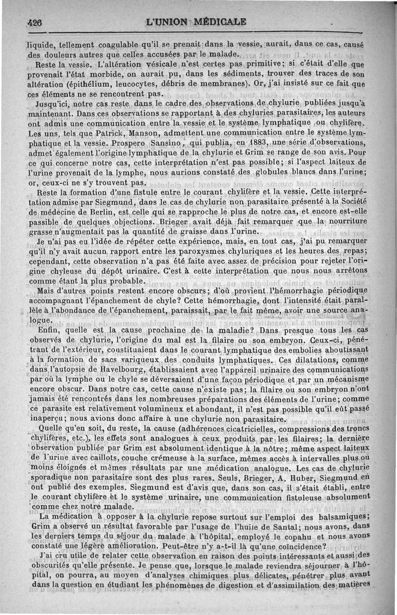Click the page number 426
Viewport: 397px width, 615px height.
[36, 22]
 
